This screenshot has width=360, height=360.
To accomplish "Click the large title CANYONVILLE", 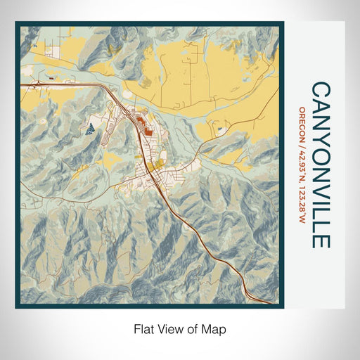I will (321, 165).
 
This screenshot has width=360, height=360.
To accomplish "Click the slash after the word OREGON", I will (302, 139).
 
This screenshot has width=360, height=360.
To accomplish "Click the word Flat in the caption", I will (143, 328).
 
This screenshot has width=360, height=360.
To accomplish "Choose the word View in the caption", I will (168, 328).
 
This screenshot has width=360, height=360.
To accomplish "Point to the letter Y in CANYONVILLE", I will (321, 132).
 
